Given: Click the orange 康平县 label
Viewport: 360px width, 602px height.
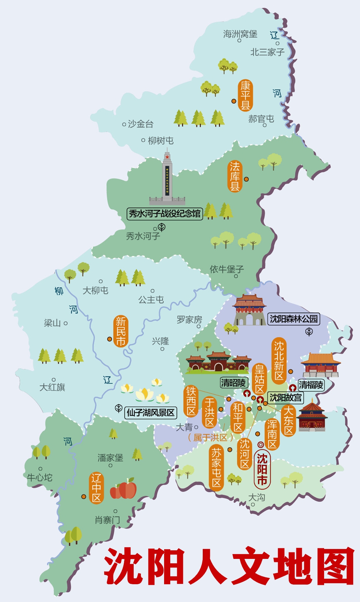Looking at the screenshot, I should pos(245,95).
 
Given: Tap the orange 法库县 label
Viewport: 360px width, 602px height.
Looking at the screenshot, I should pos(235,176).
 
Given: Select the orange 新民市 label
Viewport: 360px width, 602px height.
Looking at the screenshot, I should pos(121,331).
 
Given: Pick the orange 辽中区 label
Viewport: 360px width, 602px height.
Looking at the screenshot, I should pos(96,488).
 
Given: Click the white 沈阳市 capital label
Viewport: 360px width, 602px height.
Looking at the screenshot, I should pos(262,469).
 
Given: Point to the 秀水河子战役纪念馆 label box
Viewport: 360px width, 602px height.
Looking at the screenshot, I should pos(164,214).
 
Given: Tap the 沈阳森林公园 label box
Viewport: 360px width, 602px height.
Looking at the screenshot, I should pos(293,319).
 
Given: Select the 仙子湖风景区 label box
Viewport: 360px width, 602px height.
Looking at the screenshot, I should pos(150,413).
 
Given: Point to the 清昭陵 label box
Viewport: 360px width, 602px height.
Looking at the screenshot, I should pos(234,382).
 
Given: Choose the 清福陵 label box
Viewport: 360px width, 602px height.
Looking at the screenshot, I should pos(310,385).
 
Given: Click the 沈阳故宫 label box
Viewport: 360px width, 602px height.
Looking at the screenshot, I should pos(285,397).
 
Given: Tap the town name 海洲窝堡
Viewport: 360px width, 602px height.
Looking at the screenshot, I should pos(240,34).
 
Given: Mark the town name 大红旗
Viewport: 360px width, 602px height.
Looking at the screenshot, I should pos(52,387).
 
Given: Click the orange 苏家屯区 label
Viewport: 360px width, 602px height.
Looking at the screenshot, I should pos(216,468).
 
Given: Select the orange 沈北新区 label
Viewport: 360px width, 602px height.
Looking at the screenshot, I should pos(279,361).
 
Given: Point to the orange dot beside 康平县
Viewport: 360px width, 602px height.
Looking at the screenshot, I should pos(234,101).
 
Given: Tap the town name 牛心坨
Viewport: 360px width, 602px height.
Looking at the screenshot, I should pos(40,477).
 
